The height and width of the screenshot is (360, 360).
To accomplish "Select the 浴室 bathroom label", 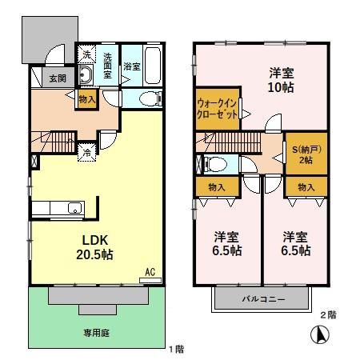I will tap(131, 68).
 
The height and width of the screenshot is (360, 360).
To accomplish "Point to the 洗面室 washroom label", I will tap(110, 62).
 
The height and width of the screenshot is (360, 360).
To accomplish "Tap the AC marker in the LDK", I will tap(149, 272).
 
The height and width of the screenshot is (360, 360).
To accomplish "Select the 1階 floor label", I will tap(177, 349).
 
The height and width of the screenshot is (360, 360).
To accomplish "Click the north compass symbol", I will tap(319, 337).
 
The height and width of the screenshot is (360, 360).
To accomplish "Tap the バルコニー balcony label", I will tap(261, 299).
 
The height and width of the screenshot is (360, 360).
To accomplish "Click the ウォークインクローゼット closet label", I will tap(217, 108).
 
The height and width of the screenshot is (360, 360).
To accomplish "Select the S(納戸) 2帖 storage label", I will tap(305, 154).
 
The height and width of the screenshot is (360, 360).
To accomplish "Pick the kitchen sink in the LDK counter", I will tap(74, 210).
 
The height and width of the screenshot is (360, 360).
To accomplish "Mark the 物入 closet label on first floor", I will tap(87, 99).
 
